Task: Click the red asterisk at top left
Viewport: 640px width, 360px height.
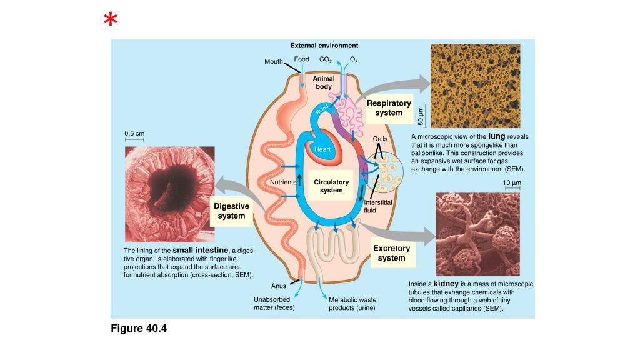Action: pos(111,21)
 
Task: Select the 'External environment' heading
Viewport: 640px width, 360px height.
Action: pos(324,46)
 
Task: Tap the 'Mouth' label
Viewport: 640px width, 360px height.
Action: pos(274,61)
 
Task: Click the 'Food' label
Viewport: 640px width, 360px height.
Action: pos(302,59)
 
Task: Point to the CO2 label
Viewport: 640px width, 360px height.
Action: pos(325,59)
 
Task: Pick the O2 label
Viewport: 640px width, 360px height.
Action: pos(354,59)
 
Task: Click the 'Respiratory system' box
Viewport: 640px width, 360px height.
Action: pos(389,107)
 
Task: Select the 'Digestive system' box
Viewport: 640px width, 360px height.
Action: pos(231,211)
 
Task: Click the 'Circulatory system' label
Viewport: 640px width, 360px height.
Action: pos(331,186)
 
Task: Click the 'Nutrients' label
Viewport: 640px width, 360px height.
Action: pos(282,182)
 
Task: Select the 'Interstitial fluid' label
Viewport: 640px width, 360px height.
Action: pos(377,206)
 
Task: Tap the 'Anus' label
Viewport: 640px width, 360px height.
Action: pos(279,286)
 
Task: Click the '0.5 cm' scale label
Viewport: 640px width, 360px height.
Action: pos(134,133)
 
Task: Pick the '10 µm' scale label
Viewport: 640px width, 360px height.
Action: pos(512,182)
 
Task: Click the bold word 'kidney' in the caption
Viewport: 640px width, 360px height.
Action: pos(446,284)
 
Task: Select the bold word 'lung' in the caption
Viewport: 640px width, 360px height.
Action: pos(496,136)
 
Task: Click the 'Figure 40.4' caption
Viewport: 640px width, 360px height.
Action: pos(139,328)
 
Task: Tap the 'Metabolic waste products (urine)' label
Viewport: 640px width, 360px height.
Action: pos(352,304)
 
